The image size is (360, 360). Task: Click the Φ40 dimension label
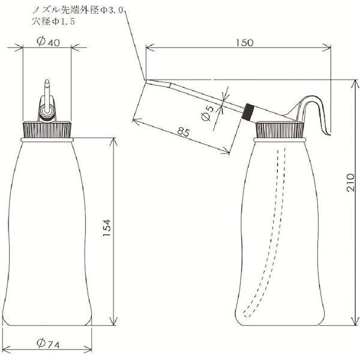click(x=48, y=42)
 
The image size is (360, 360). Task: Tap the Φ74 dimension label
click(x=48, y=344)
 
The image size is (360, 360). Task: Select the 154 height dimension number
click(x=107, y=229)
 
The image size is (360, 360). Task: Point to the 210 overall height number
click(x=350, y=182)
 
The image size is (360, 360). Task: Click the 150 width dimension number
click(x=245, y=43)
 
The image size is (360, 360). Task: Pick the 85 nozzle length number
click(x=184, y=133)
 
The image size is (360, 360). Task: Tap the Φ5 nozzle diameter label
click(x=207, y=113)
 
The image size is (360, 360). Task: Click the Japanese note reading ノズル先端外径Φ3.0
click(x=78, y=10)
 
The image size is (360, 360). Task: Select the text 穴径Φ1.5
click(x=54, y=22)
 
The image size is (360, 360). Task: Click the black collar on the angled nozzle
click(x=248, y=112)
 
